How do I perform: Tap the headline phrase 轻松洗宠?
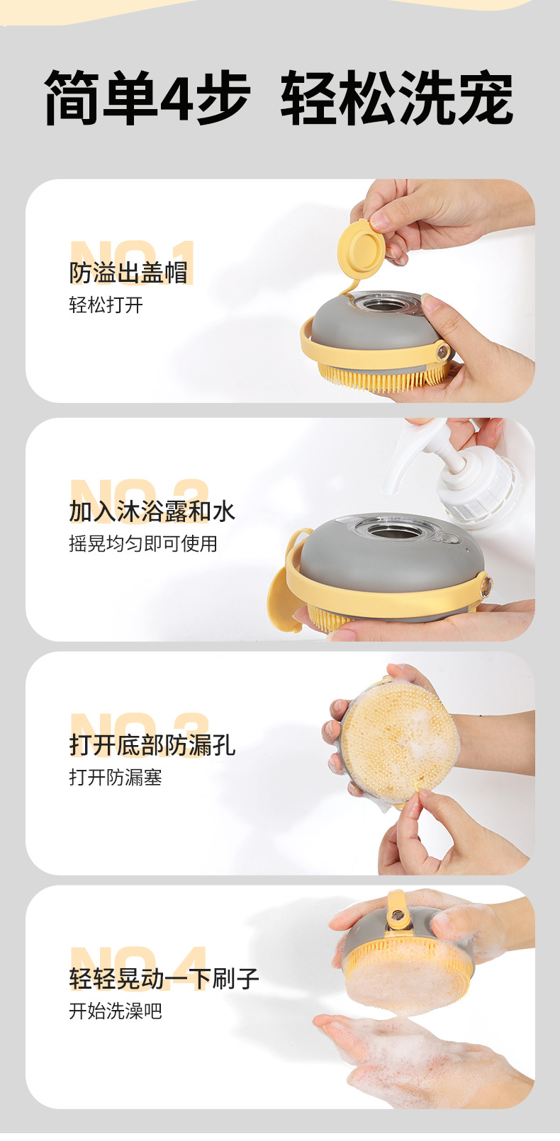(397, 97)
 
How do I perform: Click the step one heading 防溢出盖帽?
(128, 272)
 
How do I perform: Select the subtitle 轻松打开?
(106, 305)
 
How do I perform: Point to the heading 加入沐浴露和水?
(152, 511)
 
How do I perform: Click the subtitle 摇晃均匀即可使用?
(143, 543)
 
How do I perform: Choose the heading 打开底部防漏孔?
(152, 744)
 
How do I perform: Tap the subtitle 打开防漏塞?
(116, 777)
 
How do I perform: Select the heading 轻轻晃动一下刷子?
(164, 979)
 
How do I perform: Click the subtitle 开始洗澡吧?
(116, 1011)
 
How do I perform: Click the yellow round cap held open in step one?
(362, 247)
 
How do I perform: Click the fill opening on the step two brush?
(396, 530)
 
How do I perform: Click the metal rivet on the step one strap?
(442, 352)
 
